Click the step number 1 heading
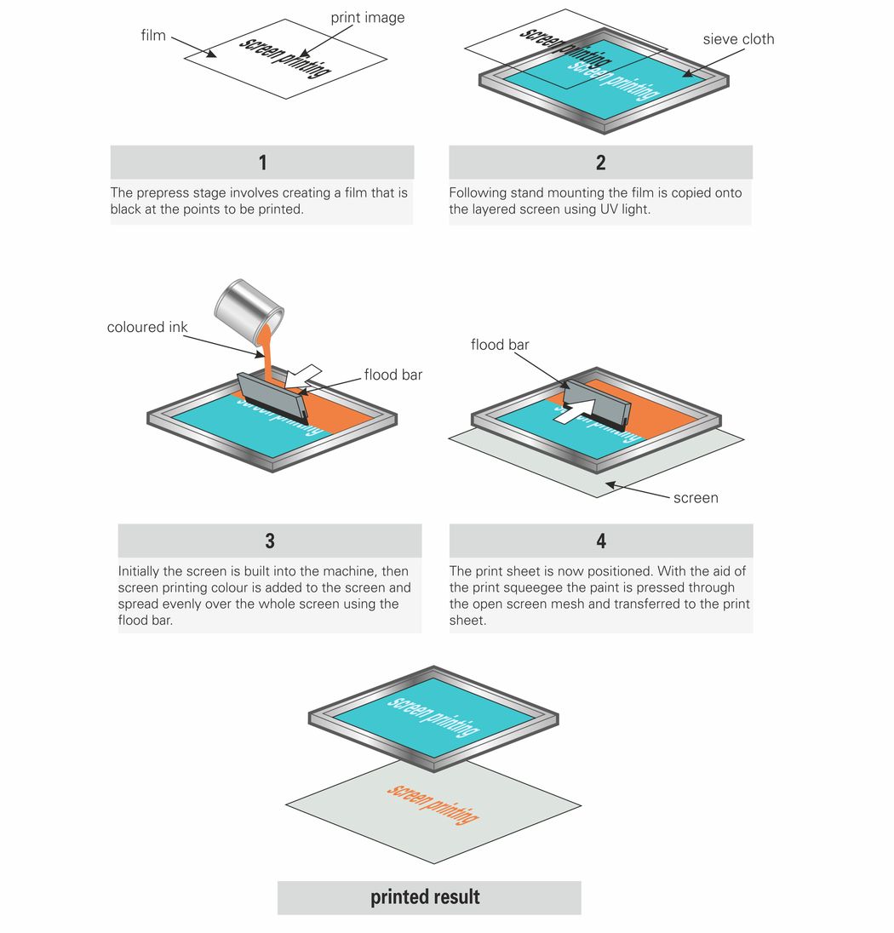click(x=262, y=163)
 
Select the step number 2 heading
click(x=600, y=163)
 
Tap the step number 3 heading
click(x=270, y=541)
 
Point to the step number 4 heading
click(x=601, y=541)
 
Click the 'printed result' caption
click(x=425, y=897)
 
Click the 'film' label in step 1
click(x=153, y=35)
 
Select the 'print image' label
click(x=367, y=17)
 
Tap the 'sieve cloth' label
click(x=738, y=39)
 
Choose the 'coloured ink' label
click(x=147, y=327)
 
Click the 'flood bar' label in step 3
click(x=393, y=375)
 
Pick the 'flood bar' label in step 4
click(x=500, y=345)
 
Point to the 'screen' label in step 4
click(x=696, y=498)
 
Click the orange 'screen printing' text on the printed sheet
click(x=433, y=803)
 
